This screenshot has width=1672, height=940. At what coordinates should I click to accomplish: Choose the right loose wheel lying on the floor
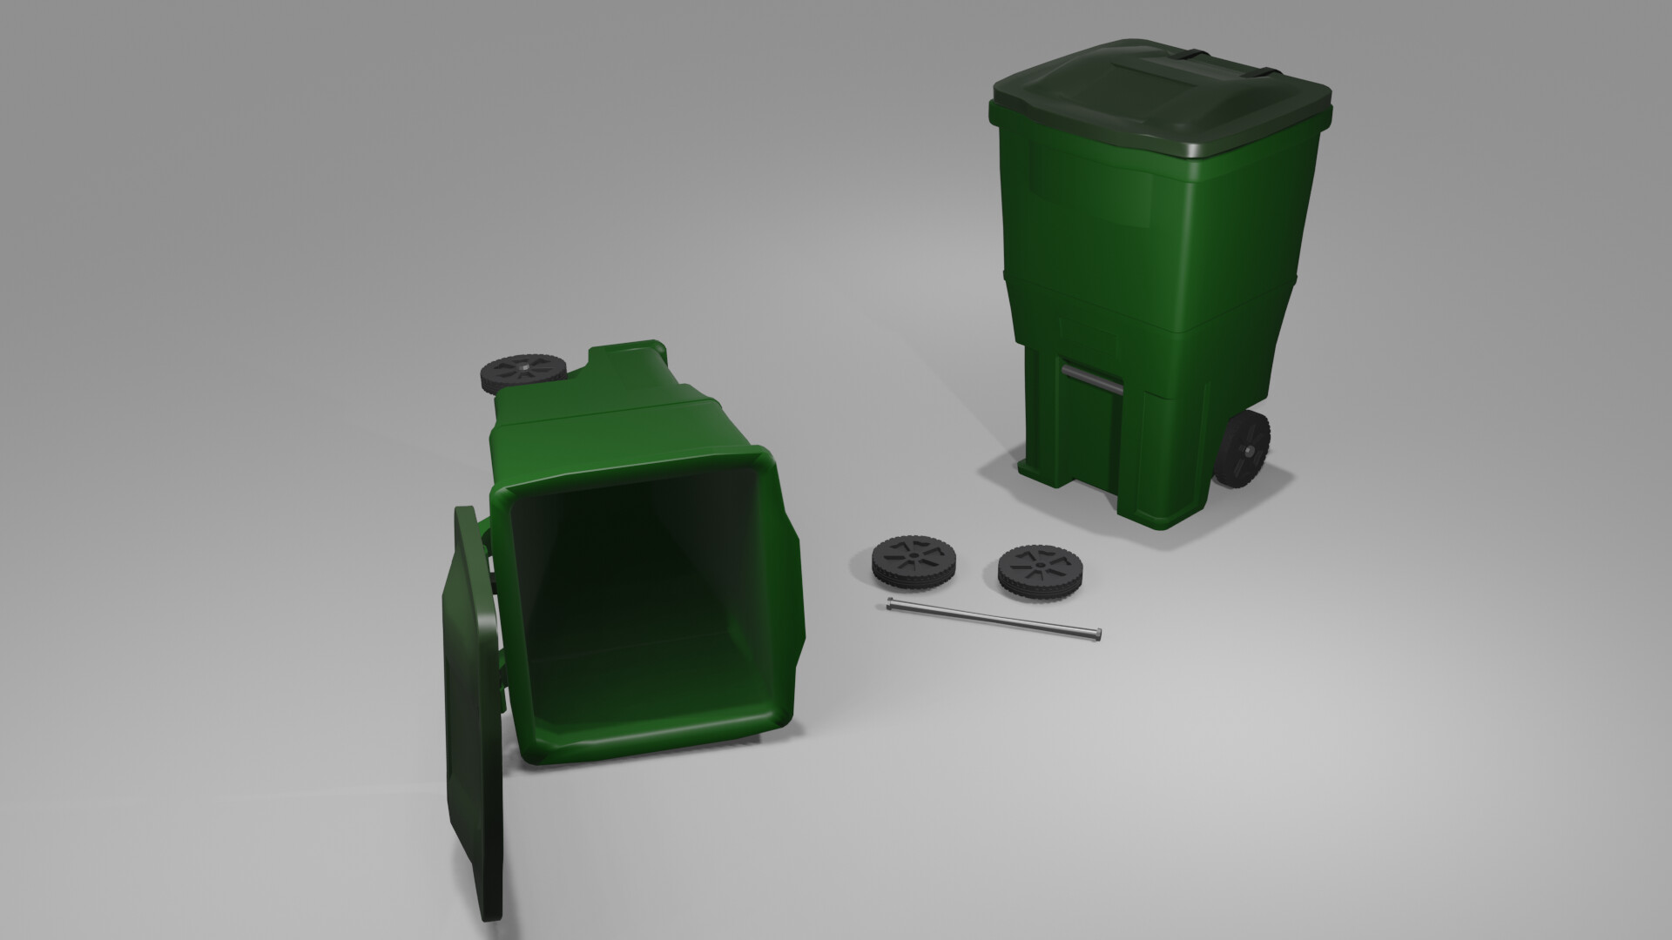1038,570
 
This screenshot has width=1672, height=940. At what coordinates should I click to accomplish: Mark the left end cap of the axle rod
890,605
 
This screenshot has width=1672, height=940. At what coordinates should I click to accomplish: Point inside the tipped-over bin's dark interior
644,592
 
